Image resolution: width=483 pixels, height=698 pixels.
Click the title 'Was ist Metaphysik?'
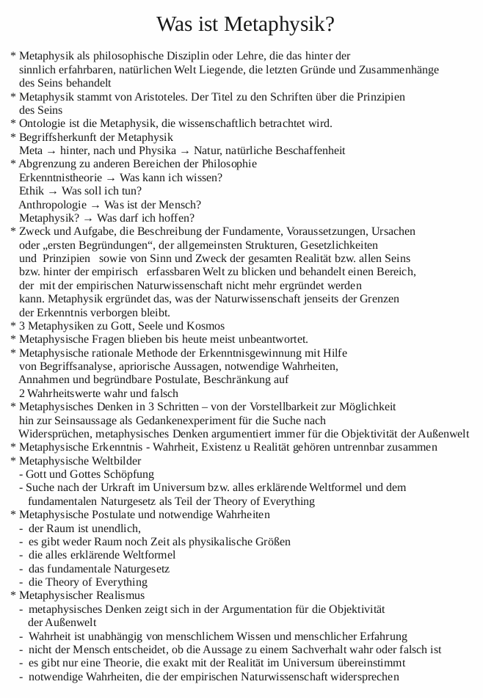tap(246, 24)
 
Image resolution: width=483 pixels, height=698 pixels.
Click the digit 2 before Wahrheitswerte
tap(22, 393)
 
